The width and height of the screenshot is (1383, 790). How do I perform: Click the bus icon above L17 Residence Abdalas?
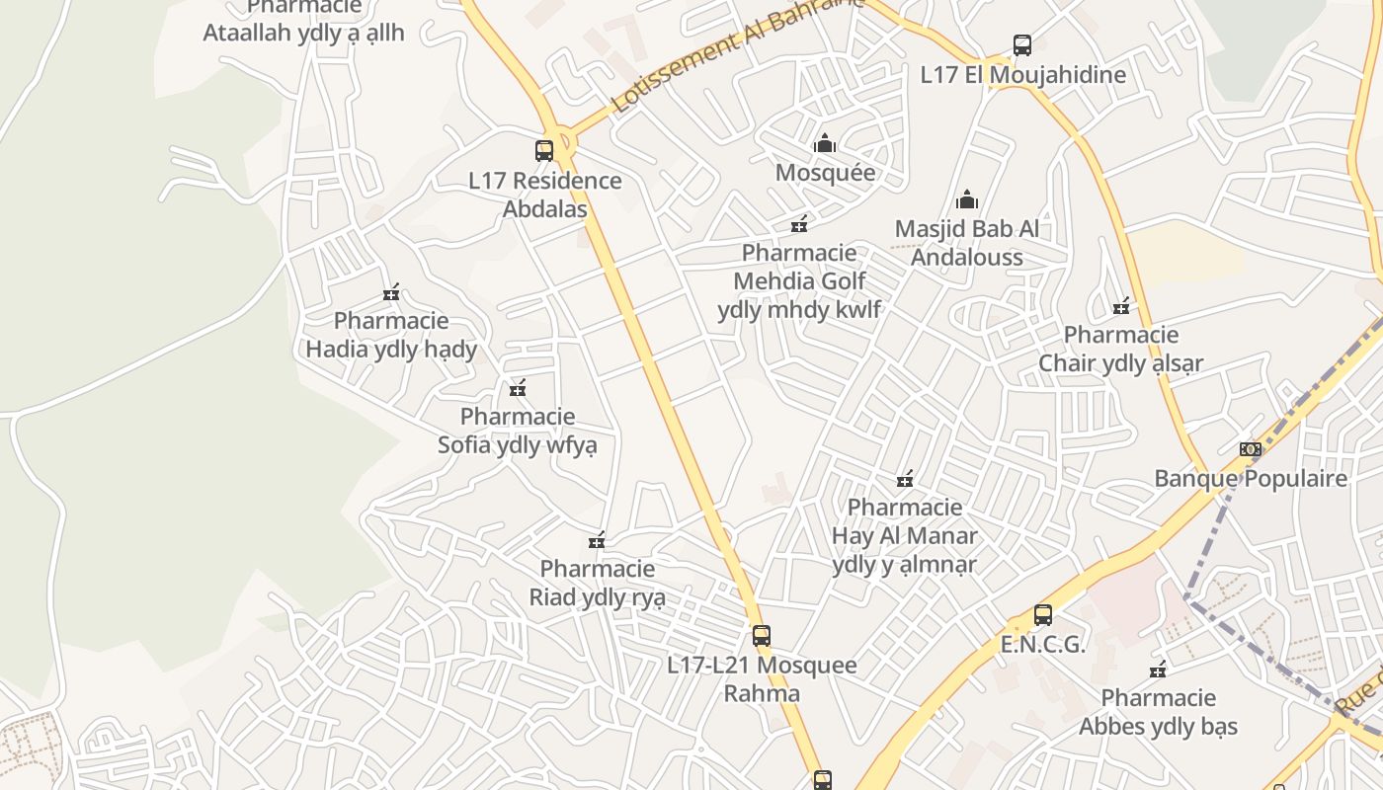pos(543,151)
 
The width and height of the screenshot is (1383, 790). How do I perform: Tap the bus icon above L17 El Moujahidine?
pos(1022,45)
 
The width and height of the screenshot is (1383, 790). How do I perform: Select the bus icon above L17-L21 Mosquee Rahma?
pos(761,636)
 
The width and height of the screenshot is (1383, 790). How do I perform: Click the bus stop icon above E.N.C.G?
pos(1042,615)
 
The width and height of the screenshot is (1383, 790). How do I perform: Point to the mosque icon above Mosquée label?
pos(825,144)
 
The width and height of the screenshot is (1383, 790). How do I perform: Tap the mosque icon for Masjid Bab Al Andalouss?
pos(967,200)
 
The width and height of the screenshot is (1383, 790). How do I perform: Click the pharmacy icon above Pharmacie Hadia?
pos(391,292)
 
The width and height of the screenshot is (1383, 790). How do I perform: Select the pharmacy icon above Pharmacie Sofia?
pos(517,388)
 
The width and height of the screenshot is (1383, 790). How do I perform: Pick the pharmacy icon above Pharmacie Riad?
pos(597,540)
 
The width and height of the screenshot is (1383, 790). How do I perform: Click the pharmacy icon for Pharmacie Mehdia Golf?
pos(799,224)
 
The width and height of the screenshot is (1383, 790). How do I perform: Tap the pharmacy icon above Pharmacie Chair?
pos(1120,306)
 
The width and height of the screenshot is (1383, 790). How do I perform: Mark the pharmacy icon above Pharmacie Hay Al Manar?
pos(904,480)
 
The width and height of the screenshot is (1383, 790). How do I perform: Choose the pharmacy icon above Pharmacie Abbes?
pos(1158,670)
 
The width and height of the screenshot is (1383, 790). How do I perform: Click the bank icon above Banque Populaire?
pos(1251,449)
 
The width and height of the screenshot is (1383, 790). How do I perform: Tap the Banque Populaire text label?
pos(1251,479)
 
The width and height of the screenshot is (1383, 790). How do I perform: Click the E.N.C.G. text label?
pos(1042,645)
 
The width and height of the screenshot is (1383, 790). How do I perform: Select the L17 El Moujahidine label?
pos(1022,75)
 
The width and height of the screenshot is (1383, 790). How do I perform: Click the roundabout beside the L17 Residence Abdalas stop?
pos(562,138)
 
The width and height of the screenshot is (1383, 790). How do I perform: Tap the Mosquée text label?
pos(825,173)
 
